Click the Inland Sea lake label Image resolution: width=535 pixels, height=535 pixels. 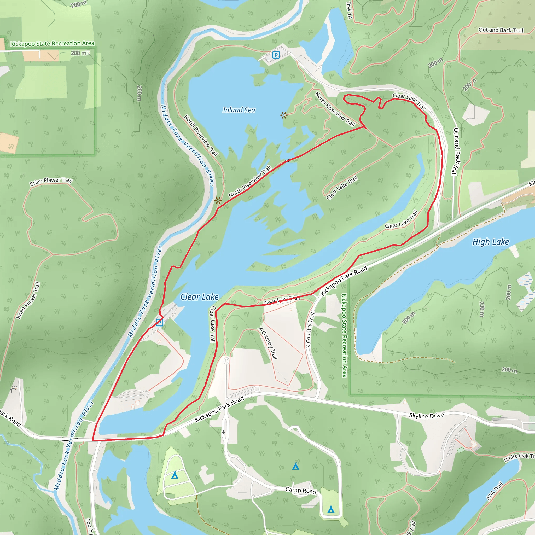(x=239, y=110)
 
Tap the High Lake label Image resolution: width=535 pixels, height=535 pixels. (x=490, y=242)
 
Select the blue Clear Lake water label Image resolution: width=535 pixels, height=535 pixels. (x=199, y=297)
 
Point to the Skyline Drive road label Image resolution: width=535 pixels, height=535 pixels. (x=426, y=415)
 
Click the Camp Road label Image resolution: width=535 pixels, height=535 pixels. (x=301, y=490)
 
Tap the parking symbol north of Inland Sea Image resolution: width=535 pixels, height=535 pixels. (x=276, y=55)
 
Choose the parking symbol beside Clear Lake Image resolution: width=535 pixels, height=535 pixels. (x=160, y=322)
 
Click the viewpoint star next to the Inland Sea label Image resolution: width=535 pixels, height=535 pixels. (x=283, y=115)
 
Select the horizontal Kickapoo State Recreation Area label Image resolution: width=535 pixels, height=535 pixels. (x=52, y=43)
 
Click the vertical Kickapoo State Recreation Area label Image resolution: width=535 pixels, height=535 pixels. (x=344, y=335)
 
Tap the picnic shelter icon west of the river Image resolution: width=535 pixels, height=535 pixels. (x=13, y=389)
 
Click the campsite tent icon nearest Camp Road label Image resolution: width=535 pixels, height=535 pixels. (x=295, y=467)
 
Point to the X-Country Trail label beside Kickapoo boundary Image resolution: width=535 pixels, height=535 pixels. (x=310, y=330)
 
